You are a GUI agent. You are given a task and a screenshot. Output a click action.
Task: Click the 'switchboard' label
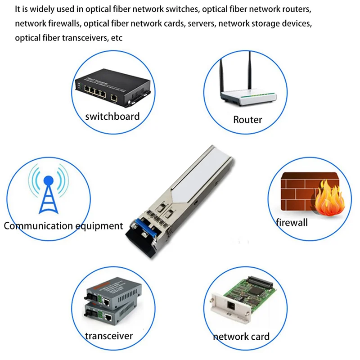pyautogui.click(x=112, y=116)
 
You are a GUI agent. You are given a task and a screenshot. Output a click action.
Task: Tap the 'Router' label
pyautogui.click(x=247, y=120)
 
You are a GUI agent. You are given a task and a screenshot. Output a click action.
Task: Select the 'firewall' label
pyautogui.click(x=292, y=222)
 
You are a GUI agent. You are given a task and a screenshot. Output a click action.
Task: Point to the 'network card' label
pyautogui.click(x=241, y=336)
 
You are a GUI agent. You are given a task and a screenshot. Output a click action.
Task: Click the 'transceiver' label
pyautogui.click(x=109, y=336)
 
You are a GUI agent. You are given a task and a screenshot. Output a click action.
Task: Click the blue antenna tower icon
pyautogui.click(x=48, y=193)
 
